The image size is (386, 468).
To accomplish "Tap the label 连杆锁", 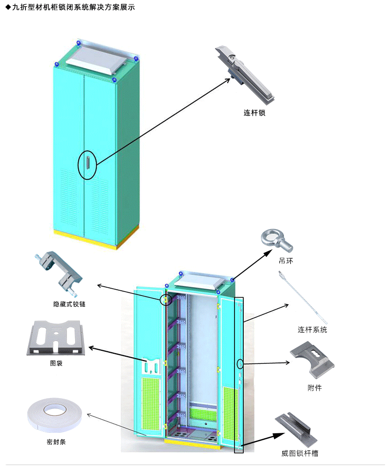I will [255, 113].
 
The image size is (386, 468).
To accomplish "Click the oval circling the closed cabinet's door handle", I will [87, 164].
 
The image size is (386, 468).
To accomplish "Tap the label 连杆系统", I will [312, 330].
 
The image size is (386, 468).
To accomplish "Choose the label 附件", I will [315, 388].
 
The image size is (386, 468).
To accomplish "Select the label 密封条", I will [50, 444].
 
